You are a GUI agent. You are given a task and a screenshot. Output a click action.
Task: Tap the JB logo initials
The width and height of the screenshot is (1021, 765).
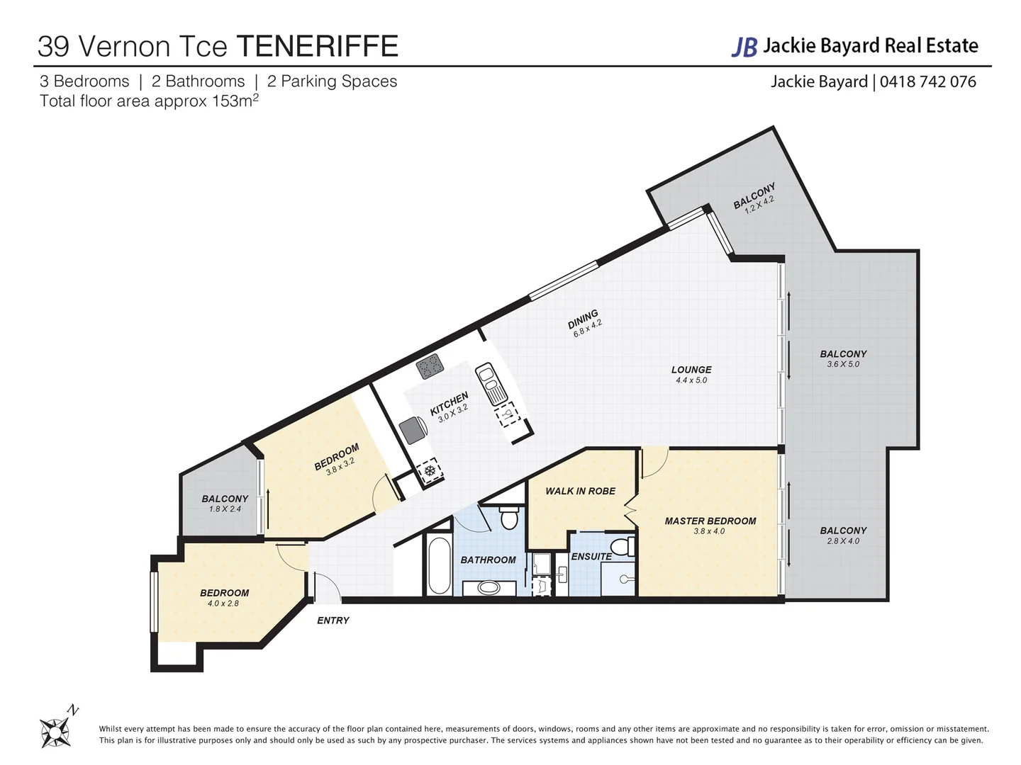click(744, 47)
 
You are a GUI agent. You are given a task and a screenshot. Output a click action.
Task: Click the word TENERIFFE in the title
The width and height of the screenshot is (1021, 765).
click(317, 47)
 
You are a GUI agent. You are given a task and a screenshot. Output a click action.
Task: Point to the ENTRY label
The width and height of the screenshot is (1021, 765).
click(333, 620)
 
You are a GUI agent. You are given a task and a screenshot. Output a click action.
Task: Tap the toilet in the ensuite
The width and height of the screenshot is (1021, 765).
click(622, 548)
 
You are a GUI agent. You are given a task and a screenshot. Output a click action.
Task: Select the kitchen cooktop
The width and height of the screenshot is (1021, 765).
click(430, 366)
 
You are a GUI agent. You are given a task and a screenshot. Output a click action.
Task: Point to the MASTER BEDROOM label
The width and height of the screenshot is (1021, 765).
click(710, 521)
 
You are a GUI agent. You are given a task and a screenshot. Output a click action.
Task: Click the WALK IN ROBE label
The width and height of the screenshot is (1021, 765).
click(580, 491)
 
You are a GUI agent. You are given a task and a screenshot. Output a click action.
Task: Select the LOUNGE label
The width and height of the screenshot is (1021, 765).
click(691, 370)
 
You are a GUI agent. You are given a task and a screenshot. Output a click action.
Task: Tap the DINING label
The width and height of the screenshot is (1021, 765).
click(583, 319)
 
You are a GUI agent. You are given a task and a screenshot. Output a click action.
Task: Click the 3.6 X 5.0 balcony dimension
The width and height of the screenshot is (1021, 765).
click(843, 364)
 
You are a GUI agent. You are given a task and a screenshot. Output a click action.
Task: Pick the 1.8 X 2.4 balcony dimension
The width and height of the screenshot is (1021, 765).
click(225, 509)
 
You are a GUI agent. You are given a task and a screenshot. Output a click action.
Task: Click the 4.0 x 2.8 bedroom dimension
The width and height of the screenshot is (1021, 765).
click(223, 603)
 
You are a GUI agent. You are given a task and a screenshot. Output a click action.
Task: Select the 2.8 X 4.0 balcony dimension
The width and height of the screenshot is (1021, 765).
click(843, 541)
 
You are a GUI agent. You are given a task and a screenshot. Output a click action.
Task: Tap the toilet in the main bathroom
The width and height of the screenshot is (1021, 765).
click(508, 518)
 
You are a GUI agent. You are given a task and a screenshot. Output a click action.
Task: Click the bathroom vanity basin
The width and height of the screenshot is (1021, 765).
click(489, 587)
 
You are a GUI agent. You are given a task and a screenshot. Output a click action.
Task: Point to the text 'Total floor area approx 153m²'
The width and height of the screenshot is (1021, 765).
click(149, 101)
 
